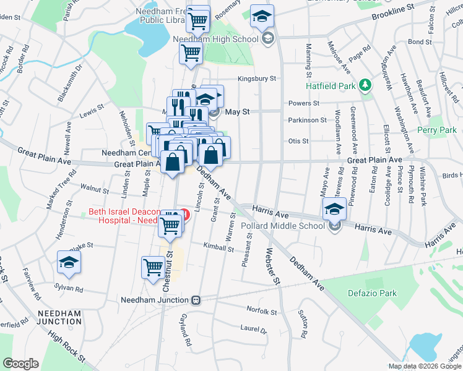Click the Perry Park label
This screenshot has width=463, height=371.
[436, 130]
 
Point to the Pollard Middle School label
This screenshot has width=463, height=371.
[287, 226]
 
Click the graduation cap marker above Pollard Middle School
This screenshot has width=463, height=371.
[334, 210]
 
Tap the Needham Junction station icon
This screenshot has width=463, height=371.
[196, 300]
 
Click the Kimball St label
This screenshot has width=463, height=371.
[219, 250]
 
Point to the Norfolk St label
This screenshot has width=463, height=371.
[261, 312]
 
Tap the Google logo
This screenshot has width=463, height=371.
[20, 363]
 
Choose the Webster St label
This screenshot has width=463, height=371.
[270, 266]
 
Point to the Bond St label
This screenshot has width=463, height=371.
[419, 42]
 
